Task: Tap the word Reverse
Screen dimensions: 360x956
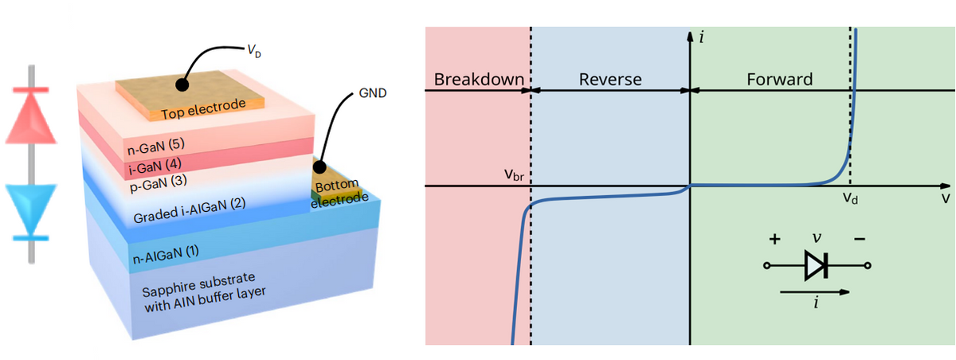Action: (x=609, y=80)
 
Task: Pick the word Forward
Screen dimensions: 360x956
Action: (x=779, y=80)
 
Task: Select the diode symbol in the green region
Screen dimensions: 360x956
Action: (x=817, y=266)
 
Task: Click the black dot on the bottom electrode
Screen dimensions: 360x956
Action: (x=318, y=168)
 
